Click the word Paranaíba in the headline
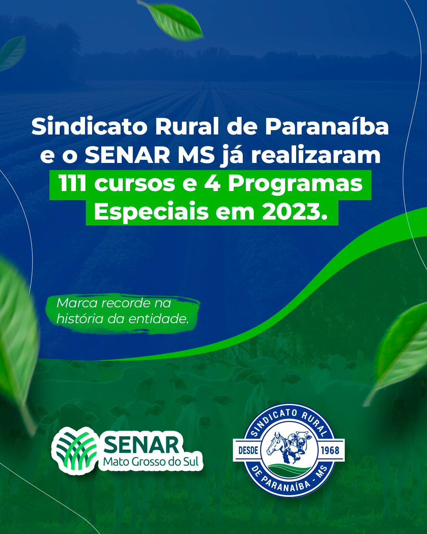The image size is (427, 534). pos(327,127)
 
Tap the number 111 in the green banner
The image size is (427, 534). pos(73,184)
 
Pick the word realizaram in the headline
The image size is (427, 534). pos(316,155)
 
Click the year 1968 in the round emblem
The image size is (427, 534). pos(330,451)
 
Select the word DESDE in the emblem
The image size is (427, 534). pos(248,451)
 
